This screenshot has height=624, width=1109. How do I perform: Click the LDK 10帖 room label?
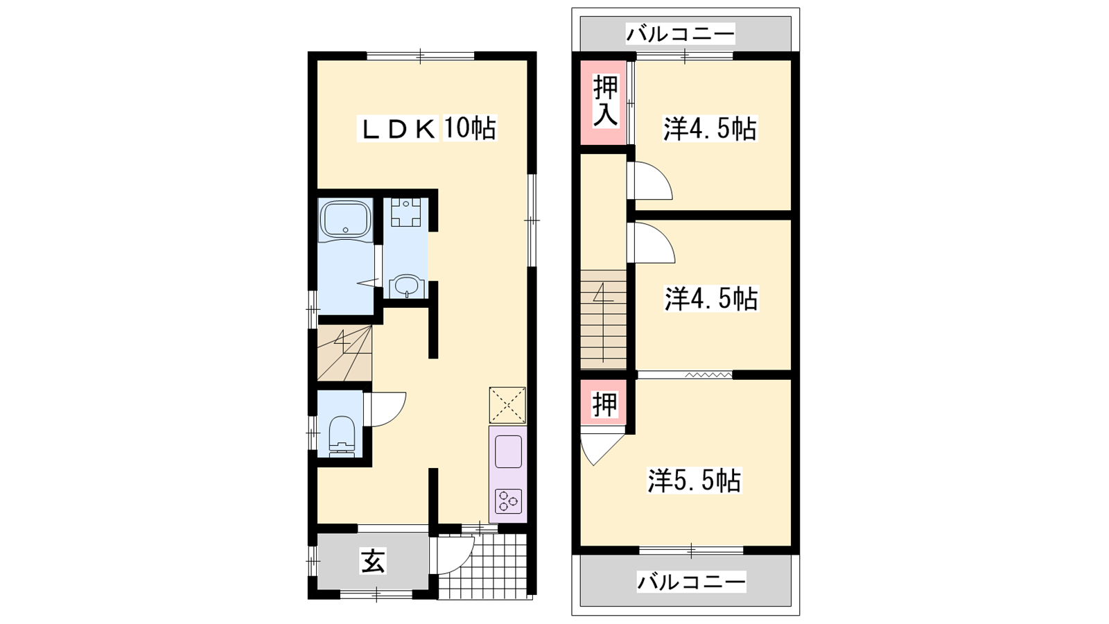point(426,128)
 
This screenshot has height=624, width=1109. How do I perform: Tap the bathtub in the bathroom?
point(346,221)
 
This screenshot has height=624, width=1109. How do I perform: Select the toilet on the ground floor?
point(342,437)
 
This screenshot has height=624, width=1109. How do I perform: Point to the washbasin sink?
point(406,287)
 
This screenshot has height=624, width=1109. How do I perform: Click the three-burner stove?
point(509,501)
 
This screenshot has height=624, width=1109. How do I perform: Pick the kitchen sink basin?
point(508,451)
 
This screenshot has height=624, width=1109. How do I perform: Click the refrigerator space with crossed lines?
point(507,405)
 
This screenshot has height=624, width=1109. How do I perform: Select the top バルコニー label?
point(680,34)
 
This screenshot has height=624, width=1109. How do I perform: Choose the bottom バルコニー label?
point(691,582)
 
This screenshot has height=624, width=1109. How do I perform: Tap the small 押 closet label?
point(604,404)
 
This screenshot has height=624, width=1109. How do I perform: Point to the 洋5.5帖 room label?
point(694,480)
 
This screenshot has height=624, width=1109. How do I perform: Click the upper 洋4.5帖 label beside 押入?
point(710,129)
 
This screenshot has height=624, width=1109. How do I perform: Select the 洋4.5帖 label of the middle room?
point(711,299)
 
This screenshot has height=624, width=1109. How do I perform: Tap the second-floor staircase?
point(604,320)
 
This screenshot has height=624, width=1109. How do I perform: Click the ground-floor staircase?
point(344,353)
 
